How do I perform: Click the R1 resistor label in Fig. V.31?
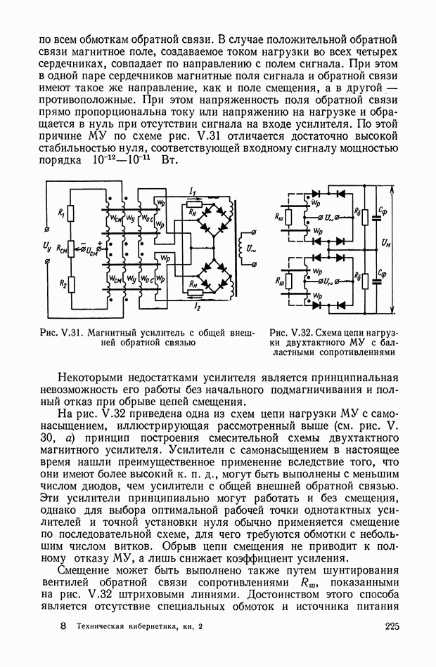click(x=60, y=211)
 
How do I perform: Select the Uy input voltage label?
click(x=46, y=246)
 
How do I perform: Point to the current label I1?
click(x=192, y=190)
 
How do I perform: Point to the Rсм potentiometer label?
click(x=63, y=247)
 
